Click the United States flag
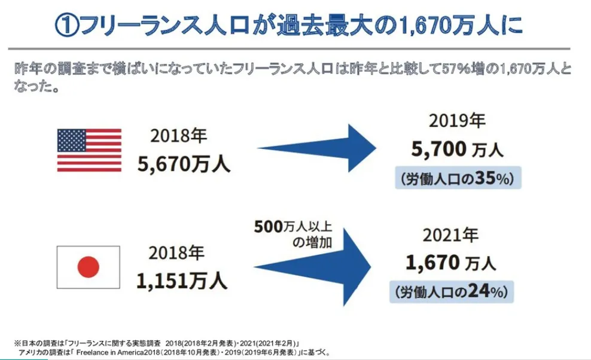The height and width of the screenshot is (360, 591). click(89, 150)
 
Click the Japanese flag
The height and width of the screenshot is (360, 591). click(88, 267)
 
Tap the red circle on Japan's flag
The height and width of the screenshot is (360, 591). click(88, 267)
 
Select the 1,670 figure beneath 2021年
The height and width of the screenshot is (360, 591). click(432, 261)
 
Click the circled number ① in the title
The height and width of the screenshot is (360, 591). click(66, 26)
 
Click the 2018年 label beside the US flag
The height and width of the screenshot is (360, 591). click(179, 136)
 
